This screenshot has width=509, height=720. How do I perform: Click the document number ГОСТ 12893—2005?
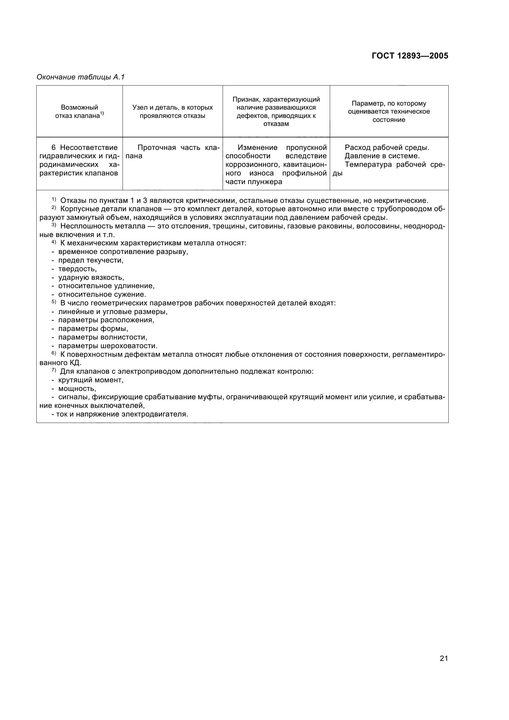tap(410, 56)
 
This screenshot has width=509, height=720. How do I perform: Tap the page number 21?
tap(444, 658)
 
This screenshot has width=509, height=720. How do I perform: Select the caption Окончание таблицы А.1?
tap(81, 77)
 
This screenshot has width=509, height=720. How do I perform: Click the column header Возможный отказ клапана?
tap(79, 112)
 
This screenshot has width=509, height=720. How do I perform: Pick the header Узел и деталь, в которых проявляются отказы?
tap(172, 112)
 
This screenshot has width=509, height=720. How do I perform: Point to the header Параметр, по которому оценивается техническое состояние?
tap(389, 112)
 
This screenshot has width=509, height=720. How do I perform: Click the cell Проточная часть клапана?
tap(172, 152)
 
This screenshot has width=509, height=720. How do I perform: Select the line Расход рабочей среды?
tap(387, 148)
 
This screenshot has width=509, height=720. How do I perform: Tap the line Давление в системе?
tap(382, 156)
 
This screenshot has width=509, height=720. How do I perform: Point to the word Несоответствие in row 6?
tap(89, 148)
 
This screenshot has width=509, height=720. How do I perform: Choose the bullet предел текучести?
tap(91, 261)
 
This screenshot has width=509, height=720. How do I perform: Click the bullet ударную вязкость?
tap(91, 278)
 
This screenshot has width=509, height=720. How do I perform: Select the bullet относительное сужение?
tap(102, 295)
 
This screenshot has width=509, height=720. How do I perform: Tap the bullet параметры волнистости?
tap(103, 337)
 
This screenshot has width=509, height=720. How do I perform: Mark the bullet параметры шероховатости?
tap(107, 346)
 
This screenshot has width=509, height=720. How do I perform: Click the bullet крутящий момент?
tap(91, 380)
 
